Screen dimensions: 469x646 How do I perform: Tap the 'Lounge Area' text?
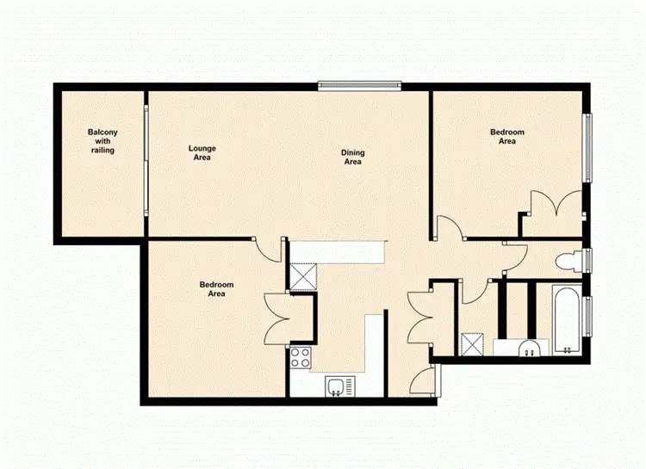click(x=202, y=153)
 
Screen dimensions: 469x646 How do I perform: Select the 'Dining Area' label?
click(x=352, y=157)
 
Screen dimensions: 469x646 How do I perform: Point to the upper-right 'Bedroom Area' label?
click(x=507, y=137)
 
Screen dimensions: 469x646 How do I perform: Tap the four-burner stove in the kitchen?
click(x=301, y=357)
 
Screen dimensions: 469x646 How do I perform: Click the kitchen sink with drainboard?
click(x=339, y=386)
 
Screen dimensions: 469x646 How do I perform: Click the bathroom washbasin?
click(x=532, y=348)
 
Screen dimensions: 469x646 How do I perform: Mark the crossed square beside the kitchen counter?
click(x=302, y=275)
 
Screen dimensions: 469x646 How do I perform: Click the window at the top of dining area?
click(x=359, y=85)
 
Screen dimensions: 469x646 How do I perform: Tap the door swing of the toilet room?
click(x=515, y=252)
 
